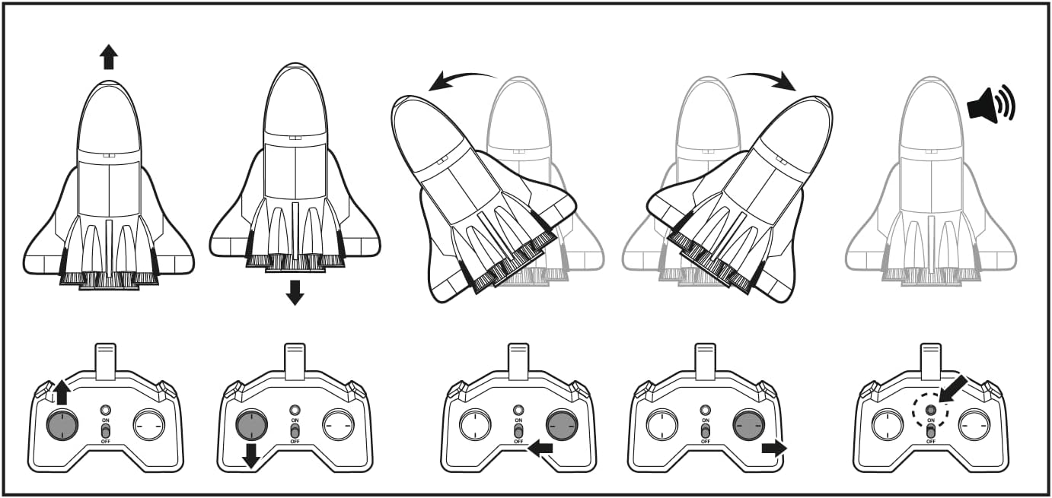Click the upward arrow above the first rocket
click(109, 56)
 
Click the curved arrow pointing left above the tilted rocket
click(461, 79)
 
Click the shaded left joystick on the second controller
click(250, 424)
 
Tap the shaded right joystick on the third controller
click(562, 424)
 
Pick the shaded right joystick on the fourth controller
click(749, 424)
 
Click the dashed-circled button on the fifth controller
click(930, 411)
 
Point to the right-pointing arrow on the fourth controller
click(773, 448)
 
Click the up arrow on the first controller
click(62, 392)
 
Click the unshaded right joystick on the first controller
click(148, 424)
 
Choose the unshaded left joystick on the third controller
click(475, 424)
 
